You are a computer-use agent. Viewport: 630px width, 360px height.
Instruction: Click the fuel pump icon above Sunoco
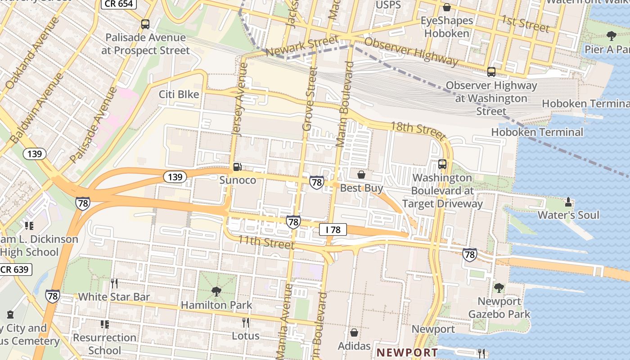tap(237, 167)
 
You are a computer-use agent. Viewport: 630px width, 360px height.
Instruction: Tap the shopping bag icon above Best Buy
tap(361, 174)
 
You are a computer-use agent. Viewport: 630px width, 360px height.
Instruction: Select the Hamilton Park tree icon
tap(216, 291)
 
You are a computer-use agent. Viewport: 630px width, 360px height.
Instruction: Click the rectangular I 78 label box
tap(333, 230)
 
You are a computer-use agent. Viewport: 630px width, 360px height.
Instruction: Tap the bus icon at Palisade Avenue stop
tap(145, 24)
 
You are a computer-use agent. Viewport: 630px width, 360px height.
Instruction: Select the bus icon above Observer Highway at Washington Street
tap(491, 72)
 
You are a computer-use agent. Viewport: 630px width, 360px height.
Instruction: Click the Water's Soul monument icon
tap(568, 202)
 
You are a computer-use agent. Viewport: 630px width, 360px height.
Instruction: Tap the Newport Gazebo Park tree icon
tap(499, 288)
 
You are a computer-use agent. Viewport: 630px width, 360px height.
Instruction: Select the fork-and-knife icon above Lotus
tap(246, 322)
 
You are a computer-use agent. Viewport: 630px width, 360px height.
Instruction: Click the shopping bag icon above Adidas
tap(354, 333)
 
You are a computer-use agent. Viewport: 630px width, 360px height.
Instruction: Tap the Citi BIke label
tap(179, 94)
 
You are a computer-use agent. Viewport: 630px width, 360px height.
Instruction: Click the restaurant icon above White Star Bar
tap(114, 283)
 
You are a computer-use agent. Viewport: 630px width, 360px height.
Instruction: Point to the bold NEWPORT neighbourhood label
tap(407, 352)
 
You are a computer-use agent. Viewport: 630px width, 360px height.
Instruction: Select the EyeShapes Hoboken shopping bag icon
tap(447, 7)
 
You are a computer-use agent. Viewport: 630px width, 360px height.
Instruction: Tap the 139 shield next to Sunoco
tap(175, 177)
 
